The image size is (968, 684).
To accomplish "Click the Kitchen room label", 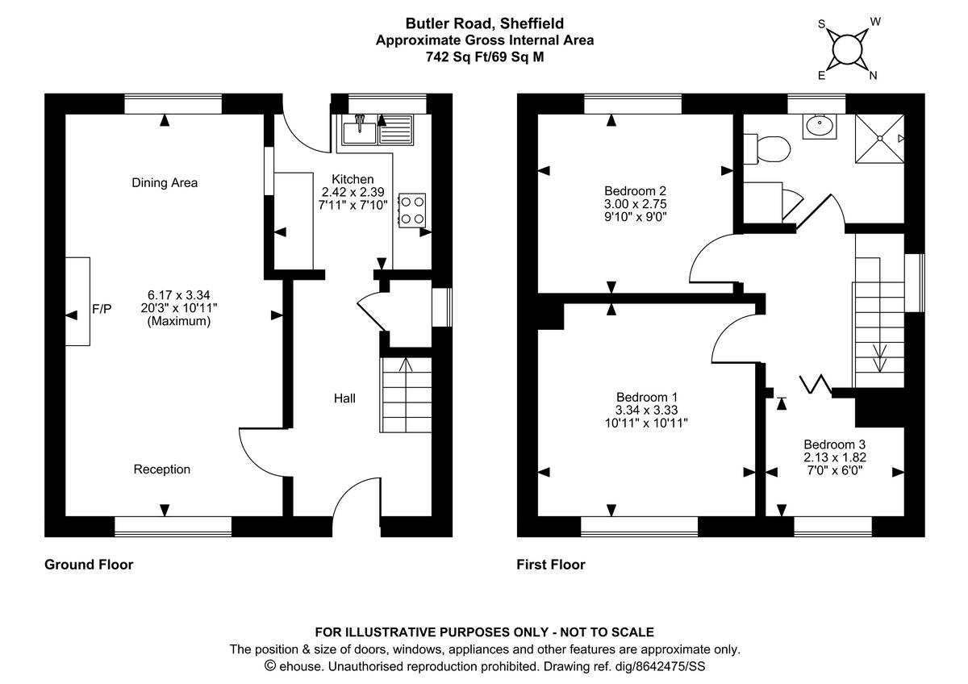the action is pos(353,179).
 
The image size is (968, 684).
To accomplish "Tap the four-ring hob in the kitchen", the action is pos(412,211).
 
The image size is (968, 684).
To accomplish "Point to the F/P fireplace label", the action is pos(102,308).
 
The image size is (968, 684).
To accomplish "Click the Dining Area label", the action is pos(165,183).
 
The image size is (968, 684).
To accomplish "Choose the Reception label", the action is pos(161,469).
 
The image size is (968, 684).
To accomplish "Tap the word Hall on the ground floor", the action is pos(344,398).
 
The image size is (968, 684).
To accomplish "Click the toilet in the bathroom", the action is pos(767,149).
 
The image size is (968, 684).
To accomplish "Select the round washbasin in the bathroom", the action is pos(820,126).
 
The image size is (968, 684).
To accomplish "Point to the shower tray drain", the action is pos(879,138).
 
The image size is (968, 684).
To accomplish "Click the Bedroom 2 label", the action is pos(636,190).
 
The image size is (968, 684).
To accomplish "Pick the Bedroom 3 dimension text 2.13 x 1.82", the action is pos(835,457).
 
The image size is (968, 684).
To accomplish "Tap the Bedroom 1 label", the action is pos(647,397).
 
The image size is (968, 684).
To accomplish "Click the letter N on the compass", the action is pos(873,76).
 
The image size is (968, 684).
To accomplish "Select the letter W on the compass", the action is pos(875,22).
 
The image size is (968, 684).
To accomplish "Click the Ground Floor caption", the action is pos(89,565).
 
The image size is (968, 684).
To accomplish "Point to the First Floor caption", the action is pos(551,565).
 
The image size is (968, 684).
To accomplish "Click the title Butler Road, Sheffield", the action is pos(485,23).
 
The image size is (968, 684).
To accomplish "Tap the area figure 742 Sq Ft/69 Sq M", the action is pos(485,57).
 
